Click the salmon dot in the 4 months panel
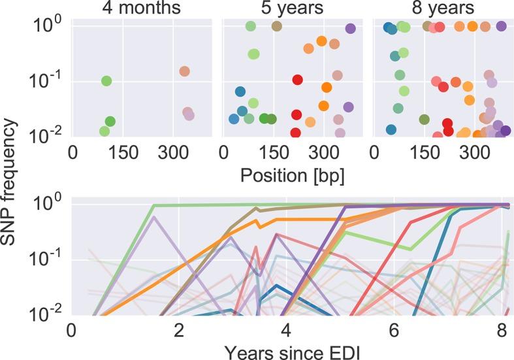tap(184, 71)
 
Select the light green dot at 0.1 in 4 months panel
tap(106, 81)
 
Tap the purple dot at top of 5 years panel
tap(350, 29)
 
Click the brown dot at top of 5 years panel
tap(276, 26)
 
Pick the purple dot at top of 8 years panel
tap(501, 26)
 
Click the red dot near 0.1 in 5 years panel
tap(298, 80)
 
